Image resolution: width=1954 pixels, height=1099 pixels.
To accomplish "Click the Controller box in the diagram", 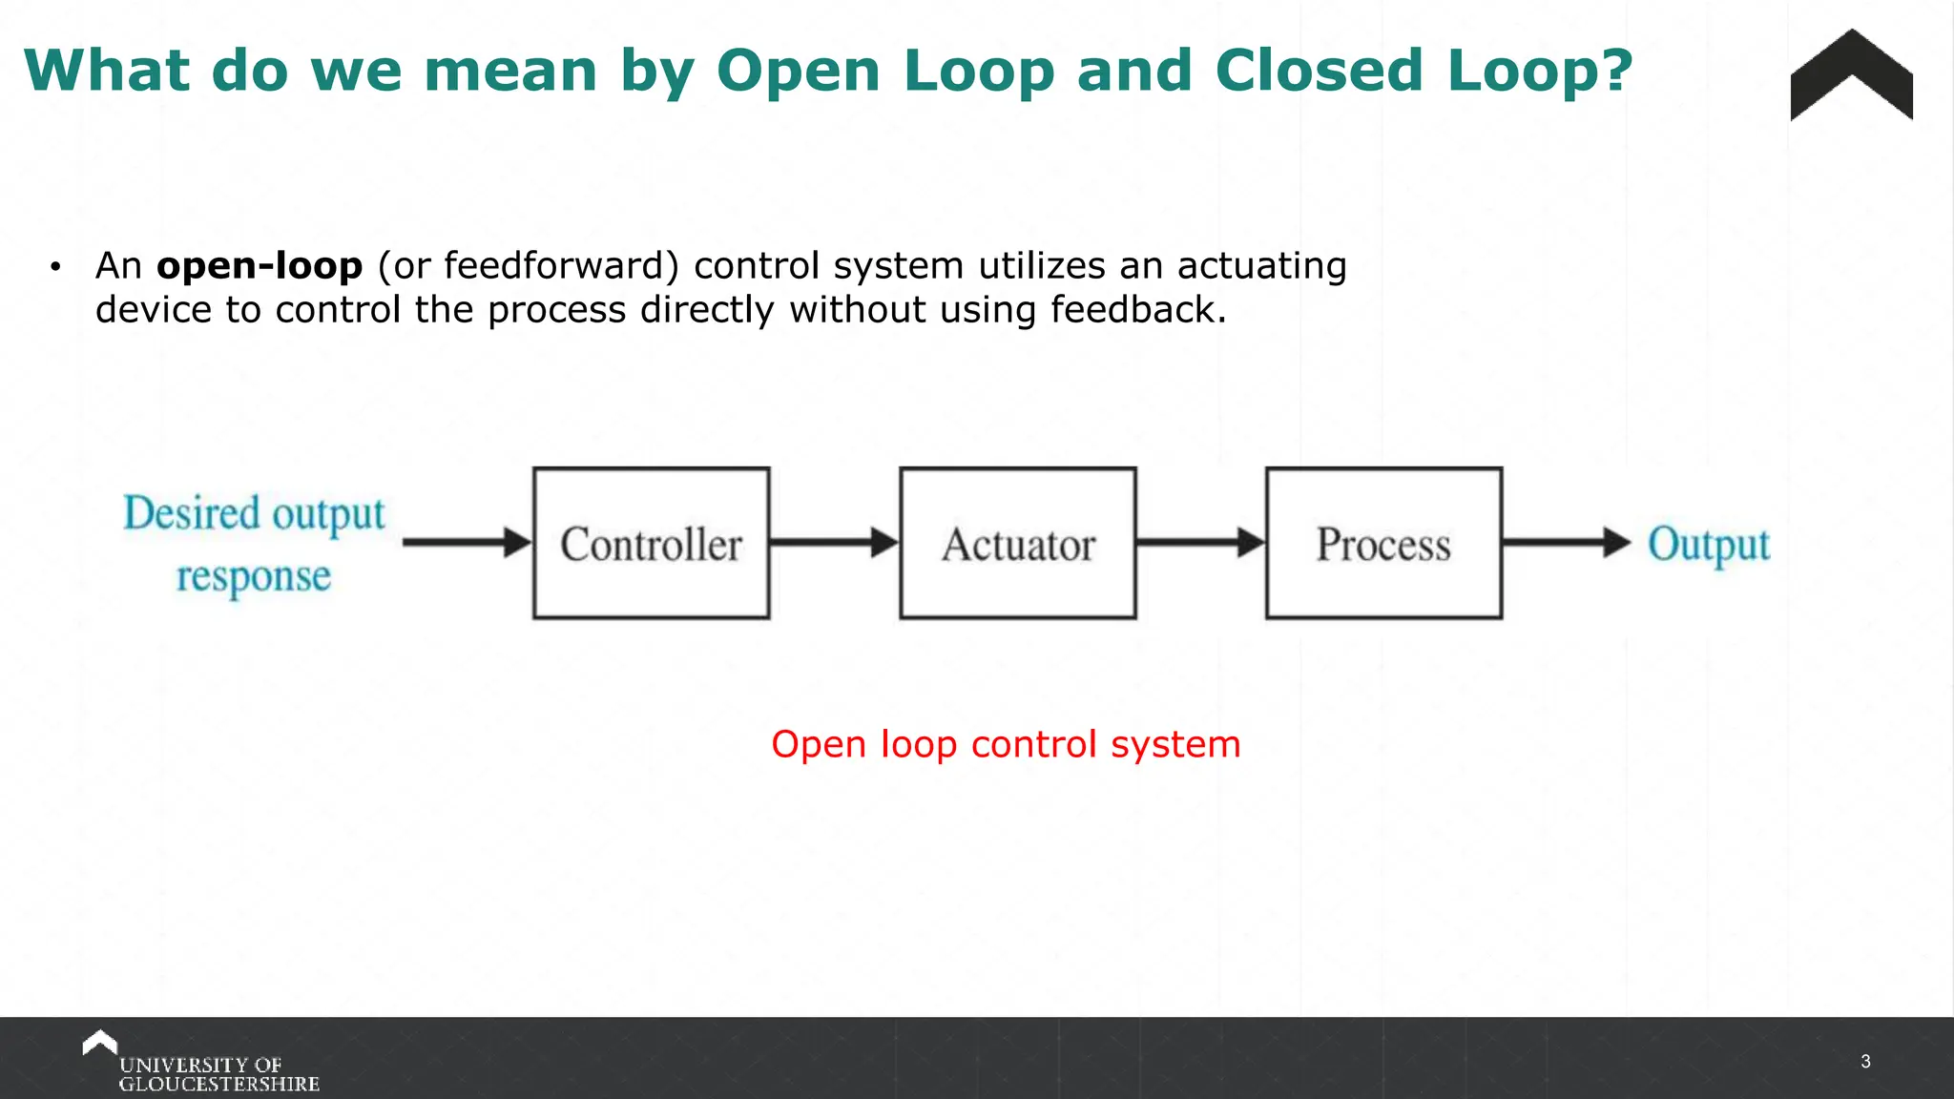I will (x=651, y=543).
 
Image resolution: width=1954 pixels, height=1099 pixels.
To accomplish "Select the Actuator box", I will (x=1017, y=543).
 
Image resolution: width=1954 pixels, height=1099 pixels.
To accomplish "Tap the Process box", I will (x=1383, y=543).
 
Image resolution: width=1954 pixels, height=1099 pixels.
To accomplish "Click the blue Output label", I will (x=1708, y=545).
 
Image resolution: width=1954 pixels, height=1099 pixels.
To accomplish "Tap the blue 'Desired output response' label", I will (x=254, y=544).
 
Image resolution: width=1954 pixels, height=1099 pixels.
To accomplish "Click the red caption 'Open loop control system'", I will (x=1006, y=744).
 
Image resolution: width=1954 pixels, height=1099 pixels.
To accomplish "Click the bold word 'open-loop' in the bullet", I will (x=260, y=266).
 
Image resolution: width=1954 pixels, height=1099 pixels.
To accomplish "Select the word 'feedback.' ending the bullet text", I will (x=1137, y=310).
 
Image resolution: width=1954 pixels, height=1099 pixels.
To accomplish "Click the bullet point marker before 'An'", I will (x=55, y=267).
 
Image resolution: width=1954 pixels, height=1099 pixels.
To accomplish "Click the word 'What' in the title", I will (x=107, y=72).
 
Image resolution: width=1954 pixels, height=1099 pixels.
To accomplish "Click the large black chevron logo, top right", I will (x=1851, y=76).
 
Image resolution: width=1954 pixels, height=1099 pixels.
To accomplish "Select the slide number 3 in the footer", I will (x=1865, y=1061).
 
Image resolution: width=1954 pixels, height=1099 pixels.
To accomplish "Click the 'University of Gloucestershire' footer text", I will (x=218, y=1074).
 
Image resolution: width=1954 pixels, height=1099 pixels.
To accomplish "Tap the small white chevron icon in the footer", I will (x=99, y=1042).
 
